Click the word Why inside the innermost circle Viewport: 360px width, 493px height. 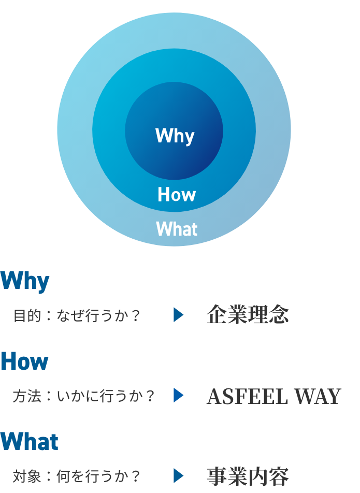pos(175,136)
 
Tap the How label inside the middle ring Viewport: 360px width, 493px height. pos(177,195)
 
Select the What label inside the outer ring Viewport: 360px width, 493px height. pos(177,229)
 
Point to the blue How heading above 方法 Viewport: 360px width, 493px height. pos(25,361)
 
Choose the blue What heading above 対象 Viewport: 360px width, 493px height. pos(30,442)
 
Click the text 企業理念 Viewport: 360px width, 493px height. pos(248,315)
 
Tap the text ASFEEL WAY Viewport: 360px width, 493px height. pos(273,396)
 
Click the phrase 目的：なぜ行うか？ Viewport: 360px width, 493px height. pos(77,315)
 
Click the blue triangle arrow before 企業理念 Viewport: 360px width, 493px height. pos(178,315)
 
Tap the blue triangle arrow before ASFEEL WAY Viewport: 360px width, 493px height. pos(178,396)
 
